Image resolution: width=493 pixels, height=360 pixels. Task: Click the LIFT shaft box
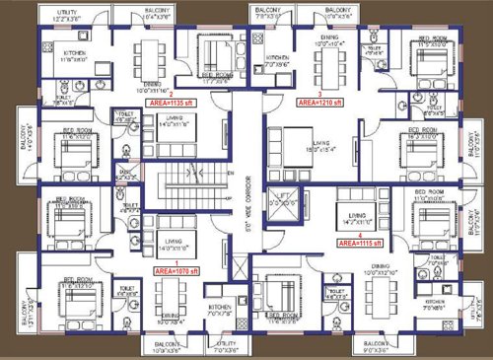pyautogui.click(x=284, y=202)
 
